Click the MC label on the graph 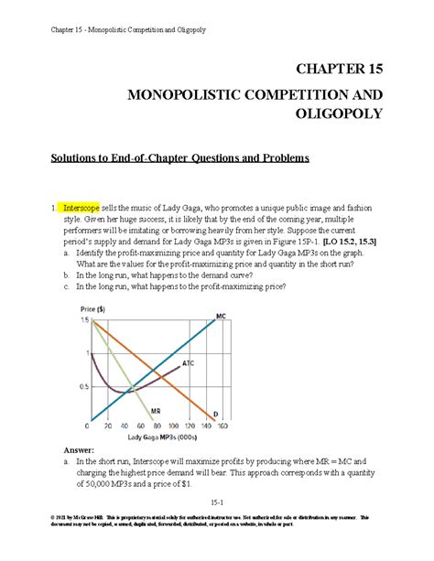pyautogui.click(x=221, y=316)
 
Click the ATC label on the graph pyautogui.click(x=188, y=363)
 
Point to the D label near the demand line pyautogui.click(x=216, y=417)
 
